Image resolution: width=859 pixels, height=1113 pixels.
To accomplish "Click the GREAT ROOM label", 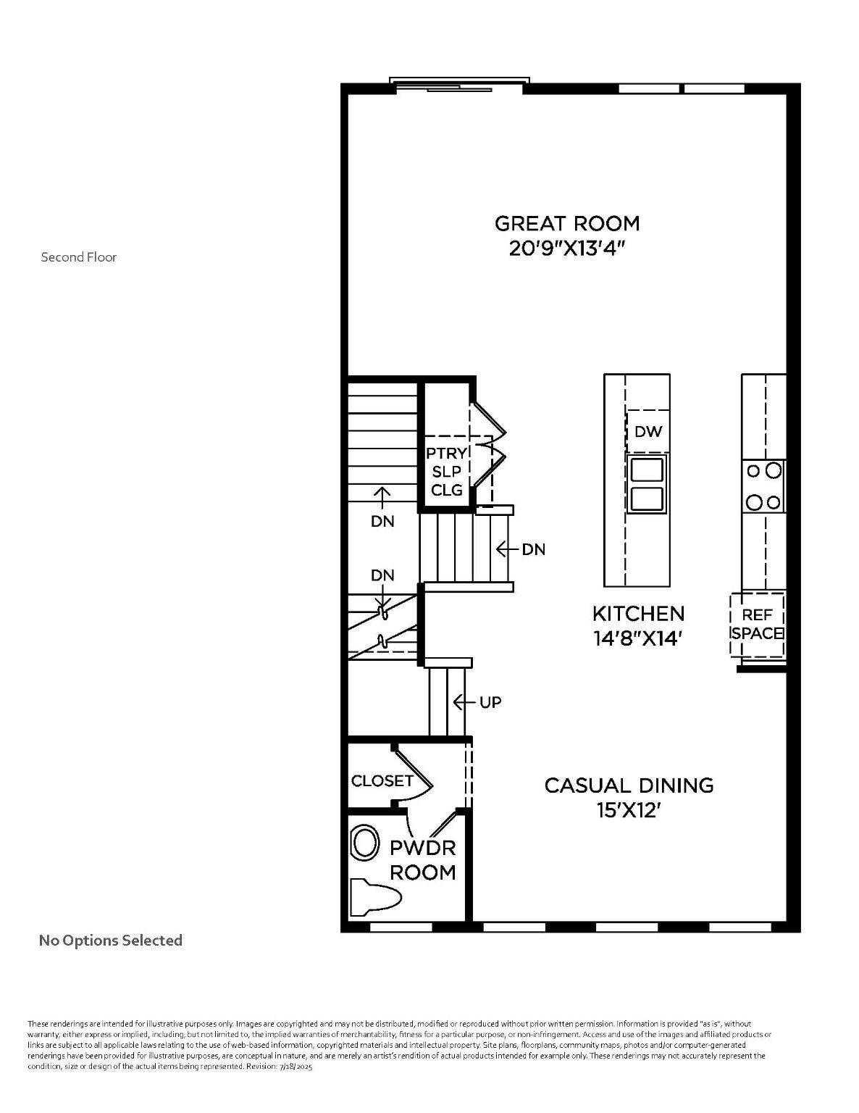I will (x=567, y=223).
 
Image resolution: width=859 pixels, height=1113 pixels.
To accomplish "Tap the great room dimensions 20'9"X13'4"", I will (x=567, y=249).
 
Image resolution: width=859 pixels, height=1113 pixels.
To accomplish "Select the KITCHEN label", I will (x=638, y=614).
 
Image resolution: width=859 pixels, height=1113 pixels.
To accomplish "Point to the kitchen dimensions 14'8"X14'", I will (x=638, y=638).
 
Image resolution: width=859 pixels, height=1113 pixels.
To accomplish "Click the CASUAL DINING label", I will (x=629, y=785).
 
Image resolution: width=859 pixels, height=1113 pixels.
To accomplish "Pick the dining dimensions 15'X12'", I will (x=629, y=810).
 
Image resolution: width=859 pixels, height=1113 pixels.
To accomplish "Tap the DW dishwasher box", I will (x=648, y=432).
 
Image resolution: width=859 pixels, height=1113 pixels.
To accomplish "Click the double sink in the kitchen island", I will (x=648, y=485).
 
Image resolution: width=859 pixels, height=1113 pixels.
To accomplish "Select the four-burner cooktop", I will (x=764, y=486).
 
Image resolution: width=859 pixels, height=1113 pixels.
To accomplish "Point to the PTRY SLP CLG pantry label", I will (x=447, y=472).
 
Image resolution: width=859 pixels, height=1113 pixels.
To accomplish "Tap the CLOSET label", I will (x=382, y=780).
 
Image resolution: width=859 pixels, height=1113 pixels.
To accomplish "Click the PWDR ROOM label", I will (x=423, y=859).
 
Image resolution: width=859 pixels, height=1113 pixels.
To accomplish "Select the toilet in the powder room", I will (x=375, y=897).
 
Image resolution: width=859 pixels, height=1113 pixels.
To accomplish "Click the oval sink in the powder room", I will (x=366, y=844).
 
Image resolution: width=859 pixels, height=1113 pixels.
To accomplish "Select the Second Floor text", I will (x=78, y=257).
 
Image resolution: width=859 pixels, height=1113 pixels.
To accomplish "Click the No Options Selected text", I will (x=110, y=941).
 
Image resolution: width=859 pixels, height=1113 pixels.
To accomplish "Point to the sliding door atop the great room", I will (x=459, y=86).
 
